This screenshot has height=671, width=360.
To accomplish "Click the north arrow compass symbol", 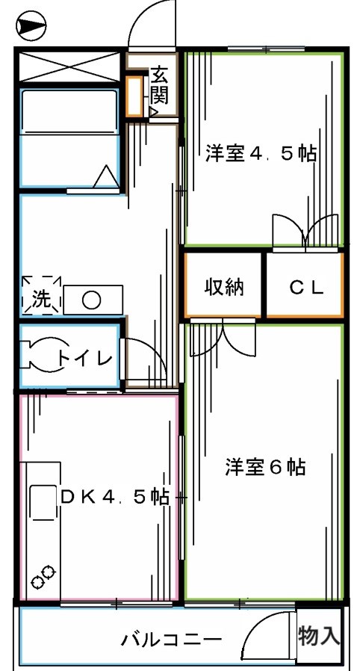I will tap(31, 28).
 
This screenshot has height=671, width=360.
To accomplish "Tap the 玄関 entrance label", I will tap(159, 84).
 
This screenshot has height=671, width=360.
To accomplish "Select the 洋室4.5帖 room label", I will tap(261, 155).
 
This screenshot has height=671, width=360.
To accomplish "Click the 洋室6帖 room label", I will tap(265, 468).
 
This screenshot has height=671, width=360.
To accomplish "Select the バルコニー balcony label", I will tap(171, 640).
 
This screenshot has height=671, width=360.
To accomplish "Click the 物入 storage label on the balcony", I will tap(320, 636).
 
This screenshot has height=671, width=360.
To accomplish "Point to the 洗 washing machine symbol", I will tap(40, 297).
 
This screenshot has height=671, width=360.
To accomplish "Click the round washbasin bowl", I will tap(91, 300).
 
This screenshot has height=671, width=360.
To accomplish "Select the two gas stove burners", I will tap(43, 578).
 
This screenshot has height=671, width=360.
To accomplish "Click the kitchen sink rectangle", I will tap(42, 503).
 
